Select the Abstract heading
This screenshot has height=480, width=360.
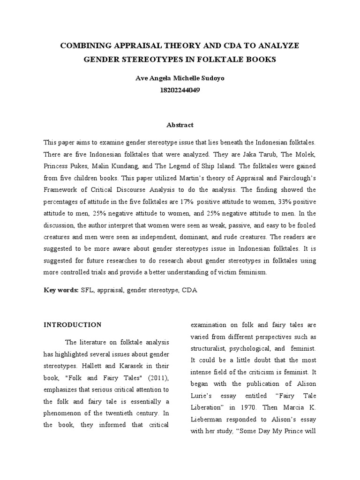[x=180, y=125]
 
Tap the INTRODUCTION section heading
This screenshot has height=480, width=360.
[x=73, y=324]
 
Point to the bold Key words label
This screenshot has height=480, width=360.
[x=61, y=290]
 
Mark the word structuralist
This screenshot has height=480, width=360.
[x=212, y=349]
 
